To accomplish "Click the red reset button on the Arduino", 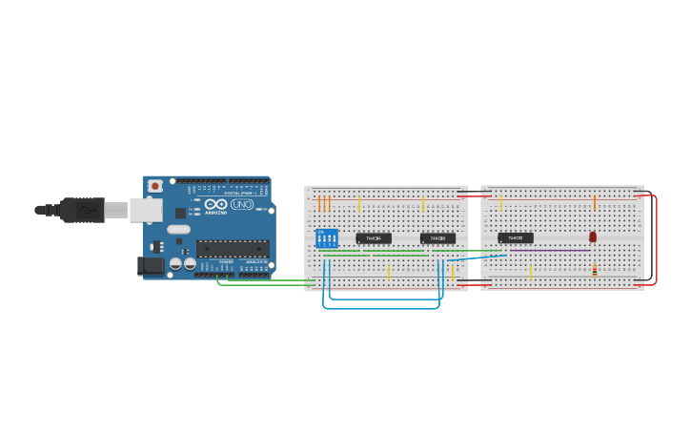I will [154, 186].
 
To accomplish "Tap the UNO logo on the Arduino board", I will [242, 204].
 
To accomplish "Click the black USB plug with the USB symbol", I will [84, 209].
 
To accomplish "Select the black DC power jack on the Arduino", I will [151, 266].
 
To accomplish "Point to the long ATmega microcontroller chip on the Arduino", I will [233, 249].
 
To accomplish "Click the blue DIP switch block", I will [327, 237].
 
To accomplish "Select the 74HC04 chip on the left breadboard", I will [374, 238].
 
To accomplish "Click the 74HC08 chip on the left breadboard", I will [437, 238].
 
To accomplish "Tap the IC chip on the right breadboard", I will [516, 237].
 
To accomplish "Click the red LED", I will [593, 237].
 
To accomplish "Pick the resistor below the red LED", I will [595, 271].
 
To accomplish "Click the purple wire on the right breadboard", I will [548, 251].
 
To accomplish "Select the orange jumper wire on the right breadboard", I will [595, 203].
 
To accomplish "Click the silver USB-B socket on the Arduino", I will [145, 210].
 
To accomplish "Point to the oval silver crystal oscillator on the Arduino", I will [178, 229].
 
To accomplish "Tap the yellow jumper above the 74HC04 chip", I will [358, 204].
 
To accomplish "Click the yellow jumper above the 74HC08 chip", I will [423, 204].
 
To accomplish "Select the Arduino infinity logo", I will [215, 204].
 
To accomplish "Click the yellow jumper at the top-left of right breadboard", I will [501, 203].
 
